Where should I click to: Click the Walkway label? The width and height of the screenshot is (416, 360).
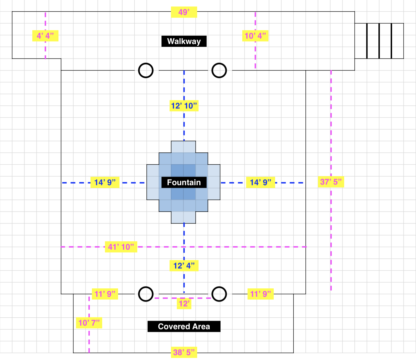(x=184, y=41)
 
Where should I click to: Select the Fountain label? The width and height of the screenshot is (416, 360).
(x=184, y=183)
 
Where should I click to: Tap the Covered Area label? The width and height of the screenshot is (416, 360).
(x=184, y=326)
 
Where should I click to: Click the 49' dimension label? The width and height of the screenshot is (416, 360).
(x=184, y=12)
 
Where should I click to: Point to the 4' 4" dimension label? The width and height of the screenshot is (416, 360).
(x=45, y=36)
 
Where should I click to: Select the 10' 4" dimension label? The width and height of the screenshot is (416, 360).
(x=255, y=36)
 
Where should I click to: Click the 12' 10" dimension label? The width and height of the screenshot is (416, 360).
(x=184, y=106)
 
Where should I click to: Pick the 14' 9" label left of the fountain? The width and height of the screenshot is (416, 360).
(x=105, y=183)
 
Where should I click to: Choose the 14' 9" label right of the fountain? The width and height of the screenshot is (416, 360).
(x=260, y=183)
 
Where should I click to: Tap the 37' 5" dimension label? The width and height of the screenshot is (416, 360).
(x=331, y=182)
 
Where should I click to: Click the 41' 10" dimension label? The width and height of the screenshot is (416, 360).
(x=121, y=247)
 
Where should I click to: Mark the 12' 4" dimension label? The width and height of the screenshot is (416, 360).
(x=184, y=266)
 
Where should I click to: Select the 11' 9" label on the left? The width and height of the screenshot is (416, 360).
(x=105, y=294)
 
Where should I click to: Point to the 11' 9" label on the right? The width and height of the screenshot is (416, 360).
(x=260, y=294)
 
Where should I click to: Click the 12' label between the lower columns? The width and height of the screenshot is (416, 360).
(x=184, y=304)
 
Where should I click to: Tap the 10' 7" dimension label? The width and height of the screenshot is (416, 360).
(x=89, y=323)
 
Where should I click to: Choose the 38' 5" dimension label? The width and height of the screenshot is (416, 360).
(x=184, y=352)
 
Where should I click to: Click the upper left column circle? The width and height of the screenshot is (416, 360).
(x=146, y=70)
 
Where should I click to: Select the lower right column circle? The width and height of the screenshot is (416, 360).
(x=219, y=294)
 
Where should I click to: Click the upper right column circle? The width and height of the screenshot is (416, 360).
(x=219, y=70)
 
